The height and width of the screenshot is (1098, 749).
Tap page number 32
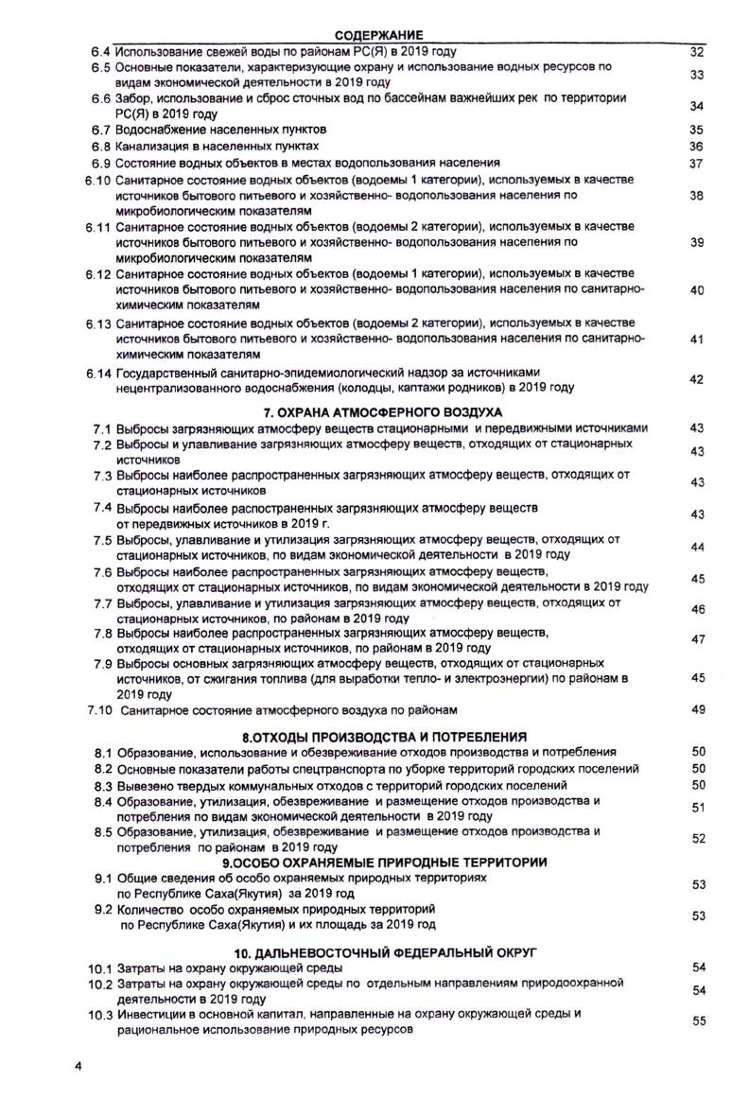point(698,51)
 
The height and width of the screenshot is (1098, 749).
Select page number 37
point(698,164)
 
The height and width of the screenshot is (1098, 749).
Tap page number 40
point(698,290)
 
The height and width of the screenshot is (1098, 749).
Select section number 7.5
point(103,539)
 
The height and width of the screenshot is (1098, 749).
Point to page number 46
point(699,609)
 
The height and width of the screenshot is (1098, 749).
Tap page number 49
point(699,709)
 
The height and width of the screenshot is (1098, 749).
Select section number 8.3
point(103,785)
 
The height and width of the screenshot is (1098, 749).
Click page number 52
point(699,838)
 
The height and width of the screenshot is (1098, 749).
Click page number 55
point(699,1020)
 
